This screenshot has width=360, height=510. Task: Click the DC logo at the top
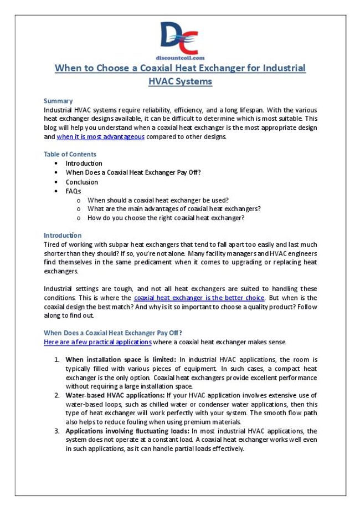pos(180,37)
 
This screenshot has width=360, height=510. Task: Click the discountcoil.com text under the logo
pos(180,57)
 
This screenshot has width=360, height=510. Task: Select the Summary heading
pos(58,101)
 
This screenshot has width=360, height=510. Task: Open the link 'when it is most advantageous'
pos(101,136)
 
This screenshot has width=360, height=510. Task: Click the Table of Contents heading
pos(70,154)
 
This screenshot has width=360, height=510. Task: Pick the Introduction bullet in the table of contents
pos(84,164)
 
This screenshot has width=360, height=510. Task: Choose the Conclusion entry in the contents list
pos(81,182)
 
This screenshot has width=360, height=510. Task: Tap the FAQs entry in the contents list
pos(73,191)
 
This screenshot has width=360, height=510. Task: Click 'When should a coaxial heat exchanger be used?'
pos(158,200)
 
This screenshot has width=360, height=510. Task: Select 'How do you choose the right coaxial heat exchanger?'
pos(166,218)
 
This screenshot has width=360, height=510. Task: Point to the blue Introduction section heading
pos(63,235)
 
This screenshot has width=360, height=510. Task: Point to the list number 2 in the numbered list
pos(57,395)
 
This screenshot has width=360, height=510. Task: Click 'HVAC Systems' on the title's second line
pos(180,81)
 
